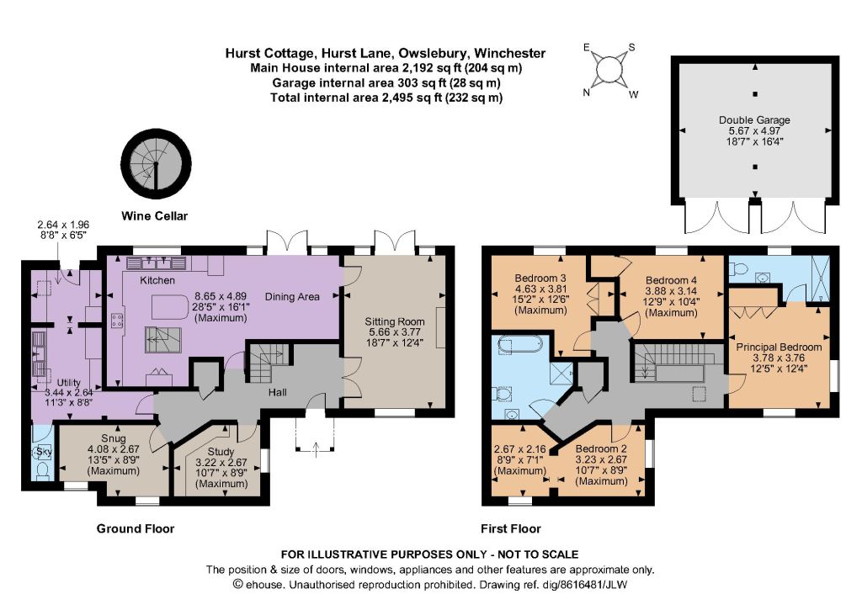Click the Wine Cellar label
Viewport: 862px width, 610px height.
(x=155, y=216)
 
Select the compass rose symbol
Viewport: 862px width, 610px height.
(x=609, y=70)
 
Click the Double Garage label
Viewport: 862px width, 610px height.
(x=754, y=119)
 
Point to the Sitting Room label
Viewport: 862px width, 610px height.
(x=395, y=321)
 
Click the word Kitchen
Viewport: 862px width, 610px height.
(x=157, y=280)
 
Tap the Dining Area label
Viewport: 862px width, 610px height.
(x=292, y=297)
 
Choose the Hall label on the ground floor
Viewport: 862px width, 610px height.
(x=278, y=392)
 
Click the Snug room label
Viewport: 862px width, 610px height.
(x=114, y=438)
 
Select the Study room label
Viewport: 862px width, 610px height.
(x=221, y=451)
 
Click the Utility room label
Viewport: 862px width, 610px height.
(x=69, y=383)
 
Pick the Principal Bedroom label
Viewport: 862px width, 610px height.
(x=779, y=347)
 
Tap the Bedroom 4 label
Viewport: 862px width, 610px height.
(x=671, y=280)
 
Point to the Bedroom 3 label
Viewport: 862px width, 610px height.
(x=540, y=278)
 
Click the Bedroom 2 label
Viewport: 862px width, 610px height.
(x=601, y=448)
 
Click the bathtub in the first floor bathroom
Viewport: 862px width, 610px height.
(x=520, y=346)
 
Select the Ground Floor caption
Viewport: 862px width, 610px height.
(x=136, y=528)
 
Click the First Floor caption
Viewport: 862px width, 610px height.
(x=511, y=528)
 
